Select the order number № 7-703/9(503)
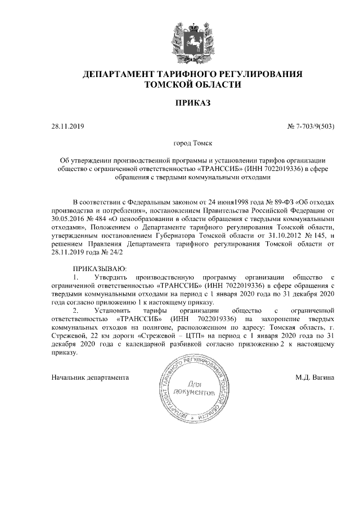pyautogui.click(x=311, y=126)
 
